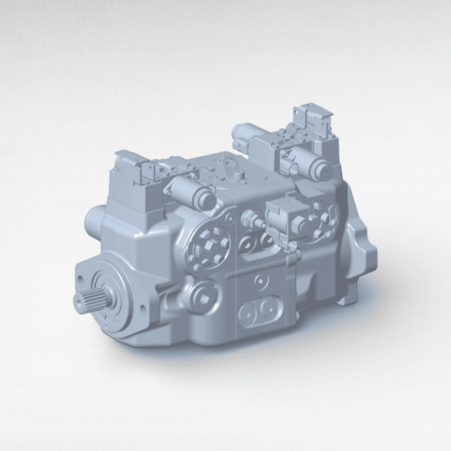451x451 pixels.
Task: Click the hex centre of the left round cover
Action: (x=209, y=247)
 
